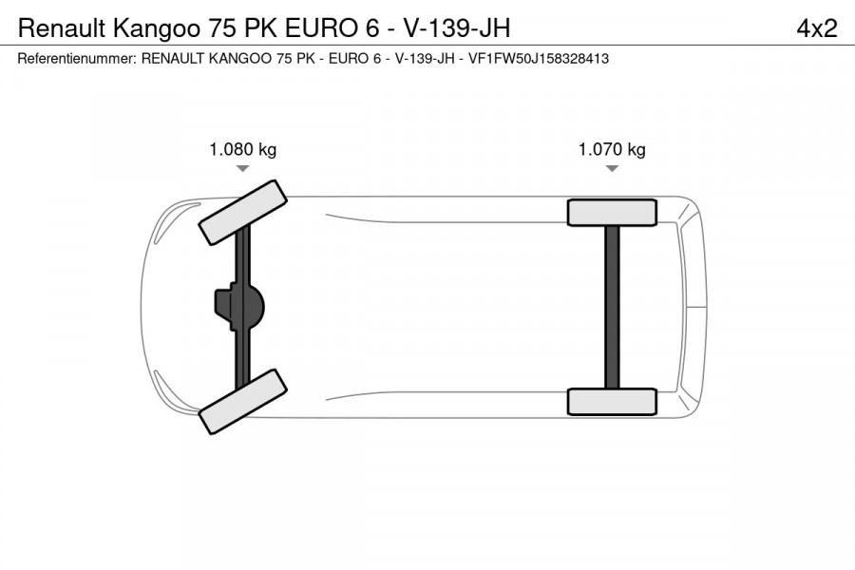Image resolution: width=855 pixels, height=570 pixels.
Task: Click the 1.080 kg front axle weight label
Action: click(242, 149)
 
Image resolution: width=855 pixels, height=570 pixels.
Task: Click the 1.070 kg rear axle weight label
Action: click(612, 149)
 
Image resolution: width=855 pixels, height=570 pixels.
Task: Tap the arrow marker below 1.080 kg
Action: click(242, 168)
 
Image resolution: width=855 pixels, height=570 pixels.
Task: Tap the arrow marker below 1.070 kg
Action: click(612, 168)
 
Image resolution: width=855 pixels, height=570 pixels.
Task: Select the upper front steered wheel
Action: click(242, 210)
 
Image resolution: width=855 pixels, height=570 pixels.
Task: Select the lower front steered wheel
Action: click(242, 402)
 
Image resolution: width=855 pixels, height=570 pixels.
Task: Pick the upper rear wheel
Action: click(612, 212)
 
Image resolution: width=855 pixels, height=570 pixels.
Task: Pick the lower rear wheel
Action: click(612, 401)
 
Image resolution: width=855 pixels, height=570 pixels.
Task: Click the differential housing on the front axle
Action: click(239, 306)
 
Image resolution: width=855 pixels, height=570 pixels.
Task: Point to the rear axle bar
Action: click(612, 306)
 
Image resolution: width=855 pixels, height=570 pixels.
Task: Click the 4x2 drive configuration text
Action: click(816, 28)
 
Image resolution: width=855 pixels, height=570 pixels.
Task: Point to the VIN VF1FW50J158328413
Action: click(539, 59)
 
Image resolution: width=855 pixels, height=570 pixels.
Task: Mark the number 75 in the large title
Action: click(212, 28)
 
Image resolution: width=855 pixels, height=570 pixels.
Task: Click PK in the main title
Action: click(251, 28)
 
